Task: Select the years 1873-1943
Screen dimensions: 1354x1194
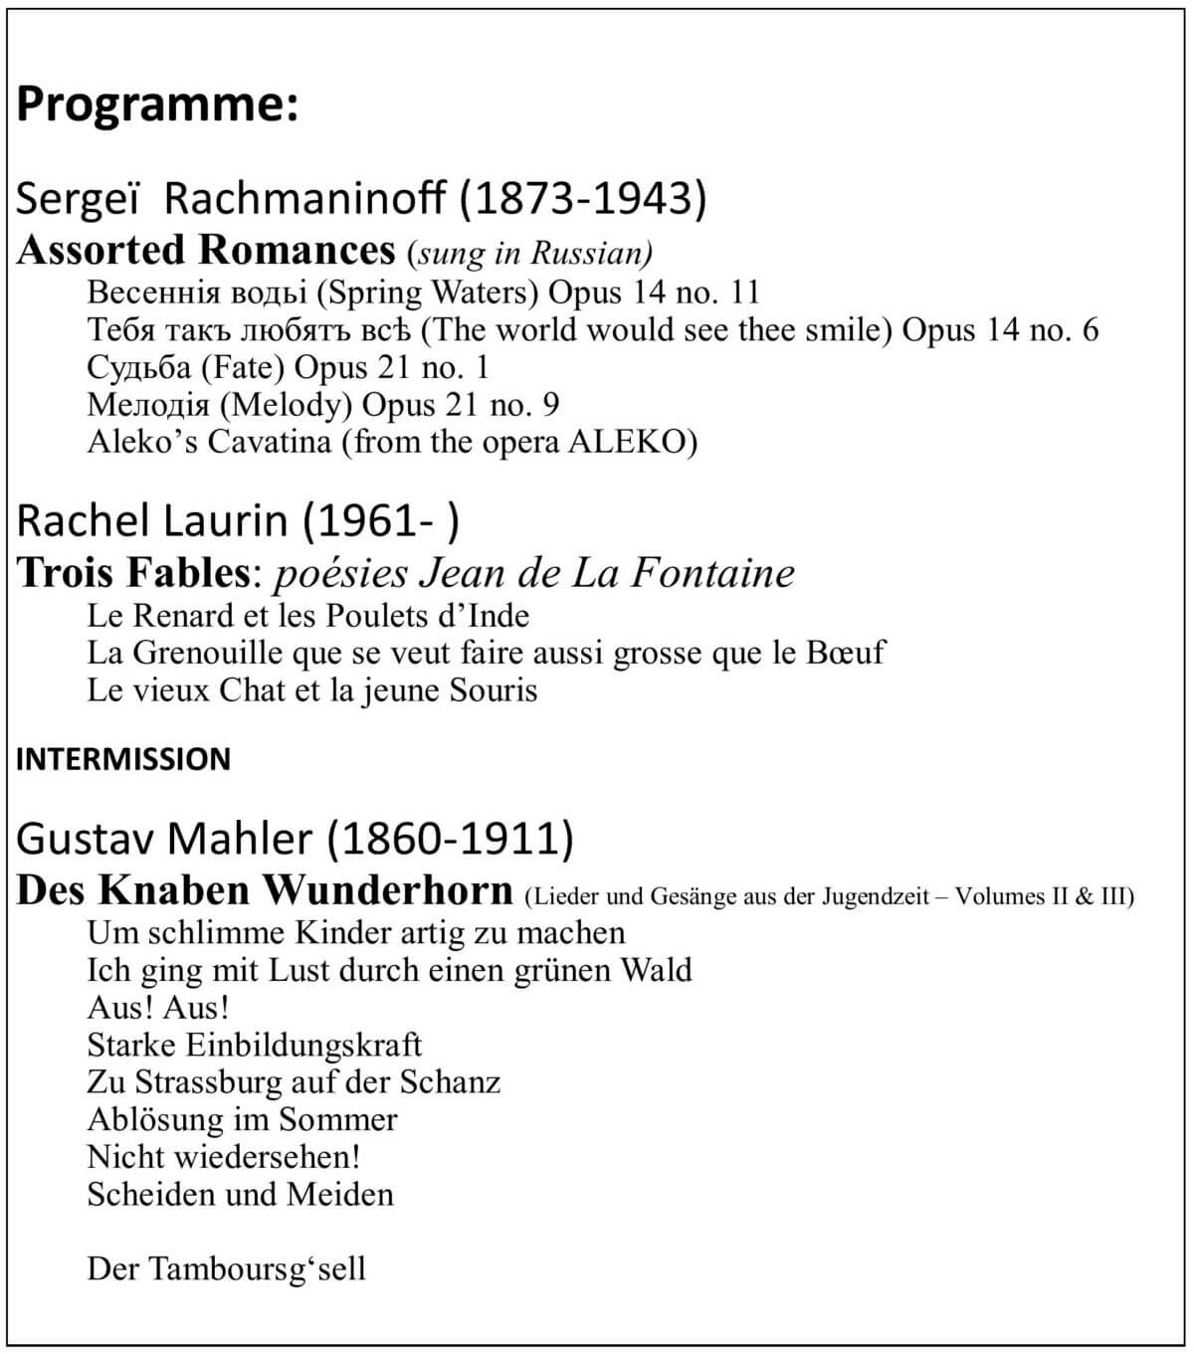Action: pyautogui.click(x=583, y=199)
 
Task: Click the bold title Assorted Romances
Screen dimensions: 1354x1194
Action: pyautogui.click(x=206, y=250)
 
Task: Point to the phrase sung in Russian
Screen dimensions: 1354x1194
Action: pyautogui.click(x=529, y=253)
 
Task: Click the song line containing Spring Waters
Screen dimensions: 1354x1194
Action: pyautogui.click(x=423, y=292)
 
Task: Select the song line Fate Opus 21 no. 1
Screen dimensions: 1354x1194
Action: pyautogui.click(x=288, y=367)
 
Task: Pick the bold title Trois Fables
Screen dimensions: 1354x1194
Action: pyautogui.click(x=132, y=572)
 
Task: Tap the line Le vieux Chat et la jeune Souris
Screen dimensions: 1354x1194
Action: pyautogui.click(x=311, y=690)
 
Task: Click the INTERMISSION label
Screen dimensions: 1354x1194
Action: pyautogui.click(x=123, y=759)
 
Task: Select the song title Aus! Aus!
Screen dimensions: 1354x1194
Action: pyautogui.click(x=158, y=1007)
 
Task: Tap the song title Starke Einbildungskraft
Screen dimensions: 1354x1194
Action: pyautogui.click(x=255, y=1045)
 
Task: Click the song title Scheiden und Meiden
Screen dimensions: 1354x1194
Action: pyautogui.click(x=240, y=1194)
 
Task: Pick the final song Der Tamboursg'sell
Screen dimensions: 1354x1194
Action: pyautogui.click(x=226, y=1268)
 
